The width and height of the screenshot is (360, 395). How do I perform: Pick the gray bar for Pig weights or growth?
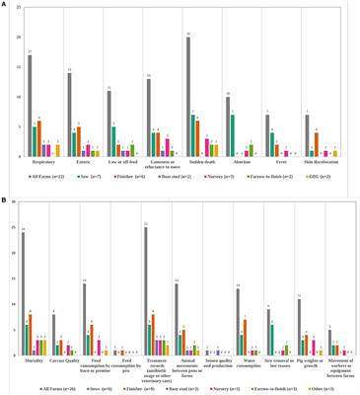pos(300,326)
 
